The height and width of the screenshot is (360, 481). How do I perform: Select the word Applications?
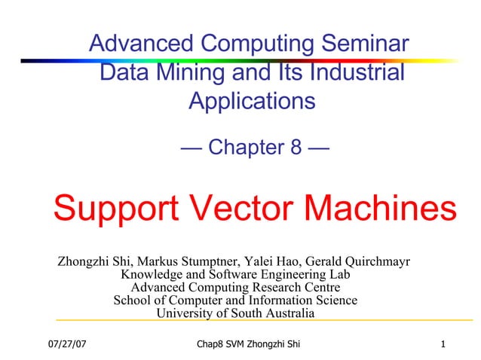coord(252,100)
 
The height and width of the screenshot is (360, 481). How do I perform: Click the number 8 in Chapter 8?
coord(296,148)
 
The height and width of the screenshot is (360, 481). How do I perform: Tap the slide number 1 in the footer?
coord(445,345)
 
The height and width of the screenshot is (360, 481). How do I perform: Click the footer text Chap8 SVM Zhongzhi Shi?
coord(247,345)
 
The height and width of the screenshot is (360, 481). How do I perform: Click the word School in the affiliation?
coord(132,301)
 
